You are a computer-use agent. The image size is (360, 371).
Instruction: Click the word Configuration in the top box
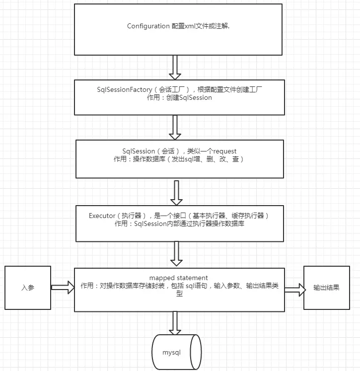(x=148, y=26)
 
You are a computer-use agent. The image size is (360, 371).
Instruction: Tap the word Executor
(x=102, y=216)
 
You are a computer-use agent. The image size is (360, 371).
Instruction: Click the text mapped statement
(x=178, y=277)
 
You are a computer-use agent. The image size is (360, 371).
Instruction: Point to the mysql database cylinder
(x=176, y=352)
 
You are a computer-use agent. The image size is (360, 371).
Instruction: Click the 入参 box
(x=28, y=288)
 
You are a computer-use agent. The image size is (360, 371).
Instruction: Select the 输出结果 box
(x=326, y=288)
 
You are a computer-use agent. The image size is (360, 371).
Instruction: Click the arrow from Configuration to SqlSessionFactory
(x=175, y=67)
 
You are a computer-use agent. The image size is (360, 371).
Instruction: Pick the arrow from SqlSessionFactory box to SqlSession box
(x=175, y=128)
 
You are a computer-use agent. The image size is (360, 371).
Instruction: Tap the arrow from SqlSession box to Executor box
(x=177, y=192)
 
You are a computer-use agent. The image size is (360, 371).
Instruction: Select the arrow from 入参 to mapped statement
(x=62, y=287)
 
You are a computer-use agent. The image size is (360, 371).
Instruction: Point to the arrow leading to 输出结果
(x=294, y=290)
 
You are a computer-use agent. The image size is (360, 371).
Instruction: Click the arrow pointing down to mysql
(x=175, y=323)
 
